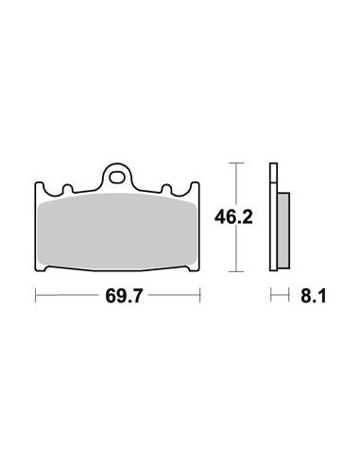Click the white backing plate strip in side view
click(x=273, y=227)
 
